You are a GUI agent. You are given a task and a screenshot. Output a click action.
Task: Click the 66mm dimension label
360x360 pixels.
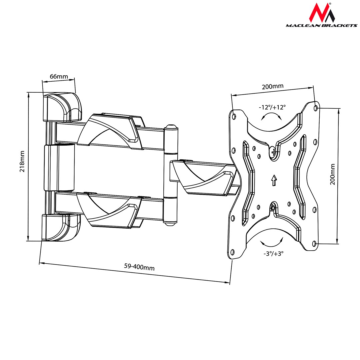coord(59,76)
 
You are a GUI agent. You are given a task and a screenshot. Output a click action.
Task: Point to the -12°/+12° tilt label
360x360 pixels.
coord(272,107)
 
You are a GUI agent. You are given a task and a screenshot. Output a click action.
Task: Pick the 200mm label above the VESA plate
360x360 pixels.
coord(272,87)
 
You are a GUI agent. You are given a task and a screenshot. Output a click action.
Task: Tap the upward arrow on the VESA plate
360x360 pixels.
coord(274,180)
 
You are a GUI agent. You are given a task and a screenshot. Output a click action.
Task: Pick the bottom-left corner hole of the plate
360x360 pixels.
coord(233,252)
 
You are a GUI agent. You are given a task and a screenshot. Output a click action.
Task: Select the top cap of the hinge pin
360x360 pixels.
coord(170,127)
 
